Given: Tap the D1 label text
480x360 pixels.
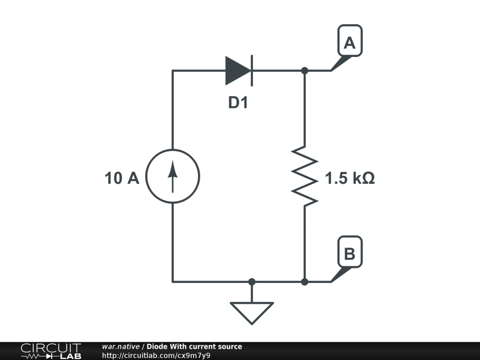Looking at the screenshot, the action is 238,103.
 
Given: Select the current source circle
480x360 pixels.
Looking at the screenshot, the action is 173,176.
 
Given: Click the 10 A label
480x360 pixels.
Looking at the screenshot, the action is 122,178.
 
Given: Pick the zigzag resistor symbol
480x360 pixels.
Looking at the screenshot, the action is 305,176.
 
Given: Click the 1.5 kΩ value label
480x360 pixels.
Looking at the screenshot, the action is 350,179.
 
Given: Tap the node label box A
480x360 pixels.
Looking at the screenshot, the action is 350,43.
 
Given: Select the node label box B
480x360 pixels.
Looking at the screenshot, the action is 350,254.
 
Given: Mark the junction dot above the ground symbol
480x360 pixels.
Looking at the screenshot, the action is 252,282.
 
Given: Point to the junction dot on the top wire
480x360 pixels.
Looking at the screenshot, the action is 305,71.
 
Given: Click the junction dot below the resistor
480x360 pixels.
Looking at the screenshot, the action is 305,282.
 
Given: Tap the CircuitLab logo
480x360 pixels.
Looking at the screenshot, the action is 51,351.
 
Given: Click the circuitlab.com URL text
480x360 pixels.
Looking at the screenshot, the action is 156,355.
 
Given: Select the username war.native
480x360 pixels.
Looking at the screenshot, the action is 120,346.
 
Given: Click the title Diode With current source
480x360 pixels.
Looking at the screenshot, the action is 195,346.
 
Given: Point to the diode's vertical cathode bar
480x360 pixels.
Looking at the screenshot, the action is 252,71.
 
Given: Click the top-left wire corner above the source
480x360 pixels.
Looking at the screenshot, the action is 173,71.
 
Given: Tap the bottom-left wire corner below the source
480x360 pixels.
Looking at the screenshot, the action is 173,282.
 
